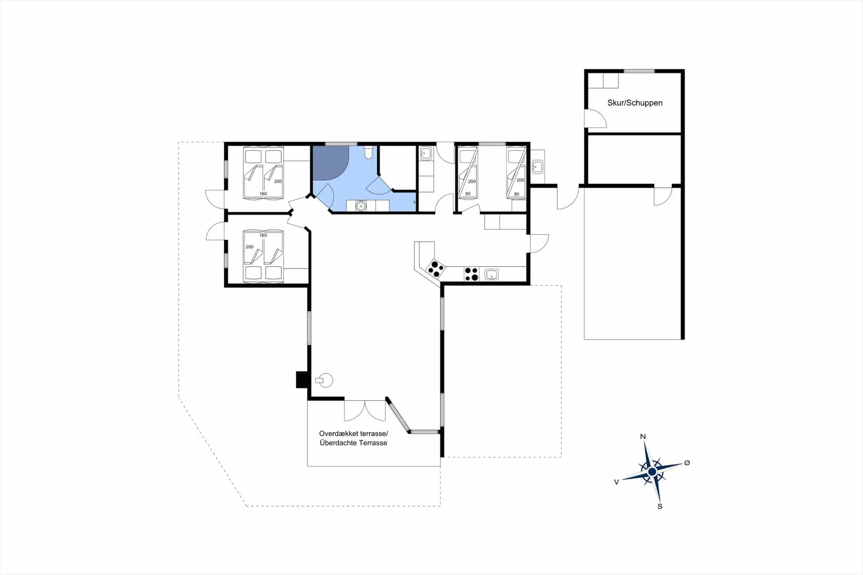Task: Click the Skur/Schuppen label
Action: pyautogui.click(x=635, y=103)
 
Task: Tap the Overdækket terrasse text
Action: pyautogui.click(x=353, y=434)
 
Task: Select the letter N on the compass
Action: pyautogui.click(x=643, y=437)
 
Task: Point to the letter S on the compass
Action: pyautogui.click(x=660, y=506)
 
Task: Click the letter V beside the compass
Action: pyautogui.click(x=616, y=482)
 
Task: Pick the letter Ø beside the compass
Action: pyautogui.click(x=687, y=463)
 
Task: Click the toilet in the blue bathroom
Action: pyautogui.click(x=368, y=152)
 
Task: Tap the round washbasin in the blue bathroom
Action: pyautogui.click(x=360, y=206)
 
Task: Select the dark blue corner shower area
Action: pyautogui.click(x=330, y=163)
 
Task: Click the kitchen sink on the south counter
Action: pyautogui.click(x=491, y=274)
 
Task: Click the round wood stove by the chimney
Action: pyautogui.click(x=325, y=380)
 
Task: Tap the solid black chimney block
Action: pyautogui.click(x=301, y=380)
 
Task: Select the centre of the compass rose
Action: pyautogui.click(x=652, y=472)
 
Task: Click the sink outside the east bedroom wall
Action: pyautogui.click(x=537, y=167)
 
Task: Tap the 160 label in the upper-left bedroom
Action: pyautogui.click(x=263, y=194)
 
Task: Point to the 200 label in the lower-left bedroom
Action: pyautogui.click(x=249, y=247)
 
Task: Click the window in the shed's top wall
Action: pyautogui.click(x=639, y=71)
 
